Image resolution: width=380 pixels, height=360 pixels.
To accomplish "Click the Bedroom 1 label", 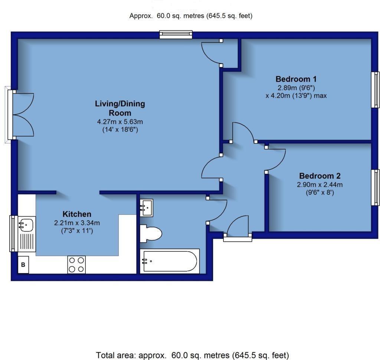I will point(296,79).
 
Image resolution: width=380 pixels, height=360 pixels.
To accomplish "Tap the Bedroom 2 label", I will point(320,176).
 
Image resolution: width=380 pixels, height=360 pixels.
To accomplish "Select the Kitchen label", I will point(76,214).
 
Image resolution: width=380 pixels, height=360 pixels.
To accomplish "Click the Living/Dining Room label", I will point(120,108).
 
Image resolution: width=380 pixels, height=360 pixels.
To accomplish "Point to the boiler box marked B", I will point(23,265).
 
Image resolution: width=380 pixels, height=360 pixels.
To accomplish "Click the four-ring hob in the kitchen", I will point(76,265).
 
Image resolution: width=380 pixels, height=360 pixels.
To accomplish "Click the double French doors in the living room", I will point(23,114).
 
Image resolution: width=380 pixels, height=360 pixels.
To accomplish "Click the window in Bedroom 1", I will point(376,90).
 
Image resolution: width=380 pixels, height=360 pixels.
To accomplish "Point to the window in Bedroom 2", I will point(376,187).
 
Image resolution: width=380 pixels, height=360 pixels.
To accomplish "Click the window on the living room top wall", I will point(176,35).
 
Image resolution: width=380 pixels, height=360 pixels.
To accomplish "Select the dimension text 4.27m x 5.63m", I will point(120,121).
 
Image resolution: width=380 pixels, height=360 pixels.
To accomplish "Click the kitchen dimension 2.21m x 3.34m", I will point(76,223).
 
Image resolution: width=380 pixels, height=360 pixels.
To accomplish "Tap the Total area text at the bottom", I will point(192,355).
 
